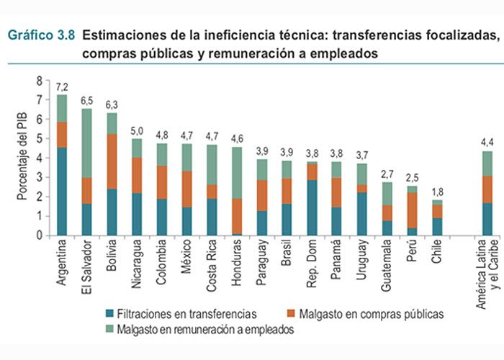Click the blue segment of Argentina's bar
62,191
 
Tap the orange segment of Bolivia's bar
112,161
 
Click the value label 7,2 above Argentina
62,86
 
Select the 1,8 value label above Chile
436,192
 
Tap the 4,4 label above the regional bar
487,142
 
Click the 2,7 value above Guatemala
387,174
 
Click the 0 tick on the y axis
40,235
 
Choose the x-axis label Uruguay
362,261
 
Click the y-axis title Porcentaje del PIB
22,158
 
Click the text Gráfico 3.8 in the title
41,35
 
